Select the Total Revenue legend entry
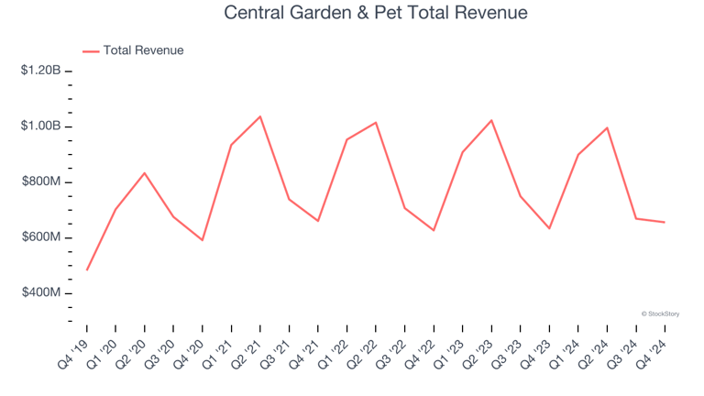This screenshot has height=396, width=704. click(143, 50)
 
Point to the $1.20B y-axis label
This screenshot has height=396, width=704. click(41, 71)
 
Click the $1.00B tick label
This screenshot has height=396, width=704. click(41, 126)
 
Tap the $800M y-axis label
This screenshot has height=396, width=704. click(41, 182)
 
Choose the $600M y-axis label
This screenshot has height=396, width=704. click(41, 237)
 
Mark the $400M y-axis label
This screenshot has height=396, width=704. click(41, 293)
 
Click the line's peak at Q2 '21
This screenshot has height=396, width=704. click(260, 116)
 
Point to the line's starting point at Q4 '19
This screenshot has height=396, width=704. click(87, 269)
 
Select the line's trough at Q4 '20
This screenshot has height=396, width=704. click(203, 240)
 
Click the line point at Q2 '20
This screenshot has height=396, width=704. click(145, 173)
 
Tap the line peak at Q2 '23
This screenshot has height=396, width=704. click(491, 120)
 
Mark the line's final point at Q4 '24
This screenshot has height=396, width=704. click(665, 222)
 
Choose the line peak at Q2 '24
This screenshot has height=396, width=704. click(607, 127)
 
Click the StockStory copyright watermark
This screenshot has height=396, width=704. click(661, 313)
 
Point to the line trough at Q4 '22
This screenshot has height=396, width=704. click(434, 230)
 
